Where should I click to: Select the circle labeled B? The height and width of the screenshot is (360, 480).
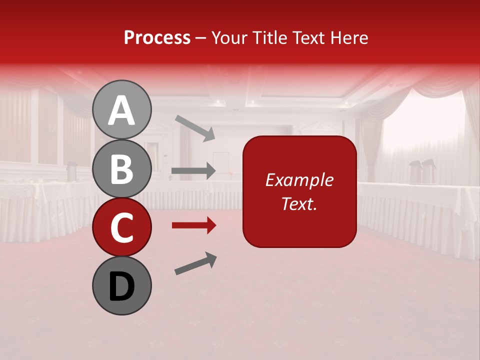point(122,168)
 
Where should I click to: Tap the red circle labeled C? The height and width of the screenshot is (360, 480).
point(122,227)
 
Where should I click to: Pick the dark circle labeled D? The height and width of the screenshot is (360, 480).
point(122,286)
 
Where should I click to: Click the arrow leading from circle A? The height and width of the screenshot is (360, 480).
point(194,127)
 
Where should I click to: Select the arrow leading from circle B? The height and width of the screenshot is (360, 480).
point(193,171)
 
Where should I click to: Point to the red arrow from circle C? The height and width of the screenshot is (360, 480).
point(193,225)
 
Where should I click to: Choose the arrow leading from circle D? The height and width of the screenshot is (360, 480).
point(195,263)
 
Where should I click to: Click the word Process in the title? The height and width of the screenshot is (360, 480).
point(157,37)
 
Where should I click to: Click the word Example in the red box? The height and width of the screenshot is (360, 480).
point(299,180)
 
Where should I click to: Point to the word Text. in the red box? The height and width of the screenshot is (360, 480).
point(299,203)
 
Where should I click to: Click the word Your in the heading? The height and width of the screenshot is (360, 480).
point(229,37)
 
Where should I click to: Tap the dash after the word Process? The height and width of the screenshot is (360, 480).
point(201,38)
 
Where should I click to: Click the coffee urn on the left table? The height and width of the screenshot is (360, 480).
point(71,171)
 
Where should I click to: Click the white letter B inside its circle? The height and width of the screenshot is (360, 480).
point(122,168)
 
